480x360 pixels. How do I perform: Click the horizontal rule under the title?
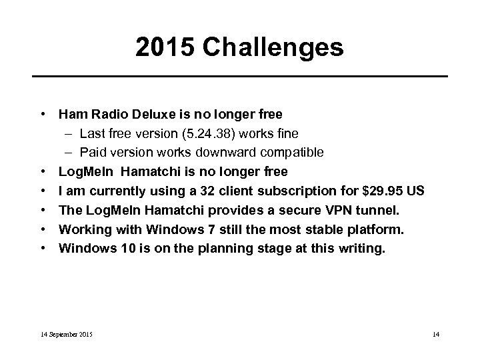click(240, 76)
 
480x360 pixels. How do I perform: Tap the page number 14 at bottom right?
click(435, 333)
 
